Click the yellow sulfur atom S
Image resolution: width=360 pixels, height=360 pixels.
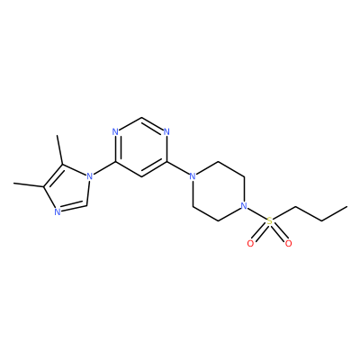(x=270, y=221)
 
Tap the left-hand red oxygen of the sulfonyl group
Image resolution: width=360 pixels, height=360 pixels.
(x=250, y=244)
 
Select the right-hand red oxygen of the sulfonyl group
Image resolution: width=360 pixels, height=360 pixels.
(x=288, y=244)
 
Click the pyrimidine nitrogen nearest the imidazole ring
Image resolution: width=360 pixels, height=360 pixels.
(x=115, y=132)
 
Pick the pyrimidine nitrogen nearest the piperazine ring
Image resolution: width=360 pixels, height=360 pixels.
(x=166, y=132)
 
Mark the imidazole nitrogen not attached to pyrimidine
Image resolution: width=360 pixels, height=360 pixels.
(x=58, y=212)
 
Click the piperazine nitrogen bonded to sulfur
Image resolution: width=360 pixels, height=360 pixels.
(x=244, y=206)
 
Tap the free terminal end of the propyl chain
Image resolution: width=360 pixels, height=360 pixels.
(x=347, y=206)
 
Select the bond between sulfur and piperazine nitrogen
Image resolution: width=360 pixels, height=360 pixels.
(x=257, y=214)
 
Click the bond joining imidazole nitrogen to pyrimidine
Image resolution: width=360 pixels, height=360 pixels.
(x=104, y=168)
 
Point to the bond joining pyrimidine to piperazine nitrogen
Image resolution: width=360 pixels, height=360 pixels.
(x=178, y=168)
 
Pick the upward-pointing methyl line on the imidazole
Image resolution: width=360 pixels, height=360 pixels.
(x=59, y=150)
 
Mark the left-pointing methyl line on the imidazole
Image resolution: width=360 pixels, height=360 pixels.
(x=29, y=184)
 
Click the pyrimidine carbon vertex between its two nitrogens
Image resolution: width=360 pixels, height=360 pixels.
(x=141, y=117)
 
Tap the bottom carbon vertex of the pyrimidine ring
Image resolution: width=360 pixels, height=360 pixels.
(x=141, y=176)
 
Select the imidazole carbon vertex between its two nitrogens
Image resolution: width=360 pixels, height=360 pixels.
(x=87, y=205)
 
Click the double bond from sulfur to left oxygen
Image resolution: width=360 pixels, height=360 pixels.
(x=260, y=233)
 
